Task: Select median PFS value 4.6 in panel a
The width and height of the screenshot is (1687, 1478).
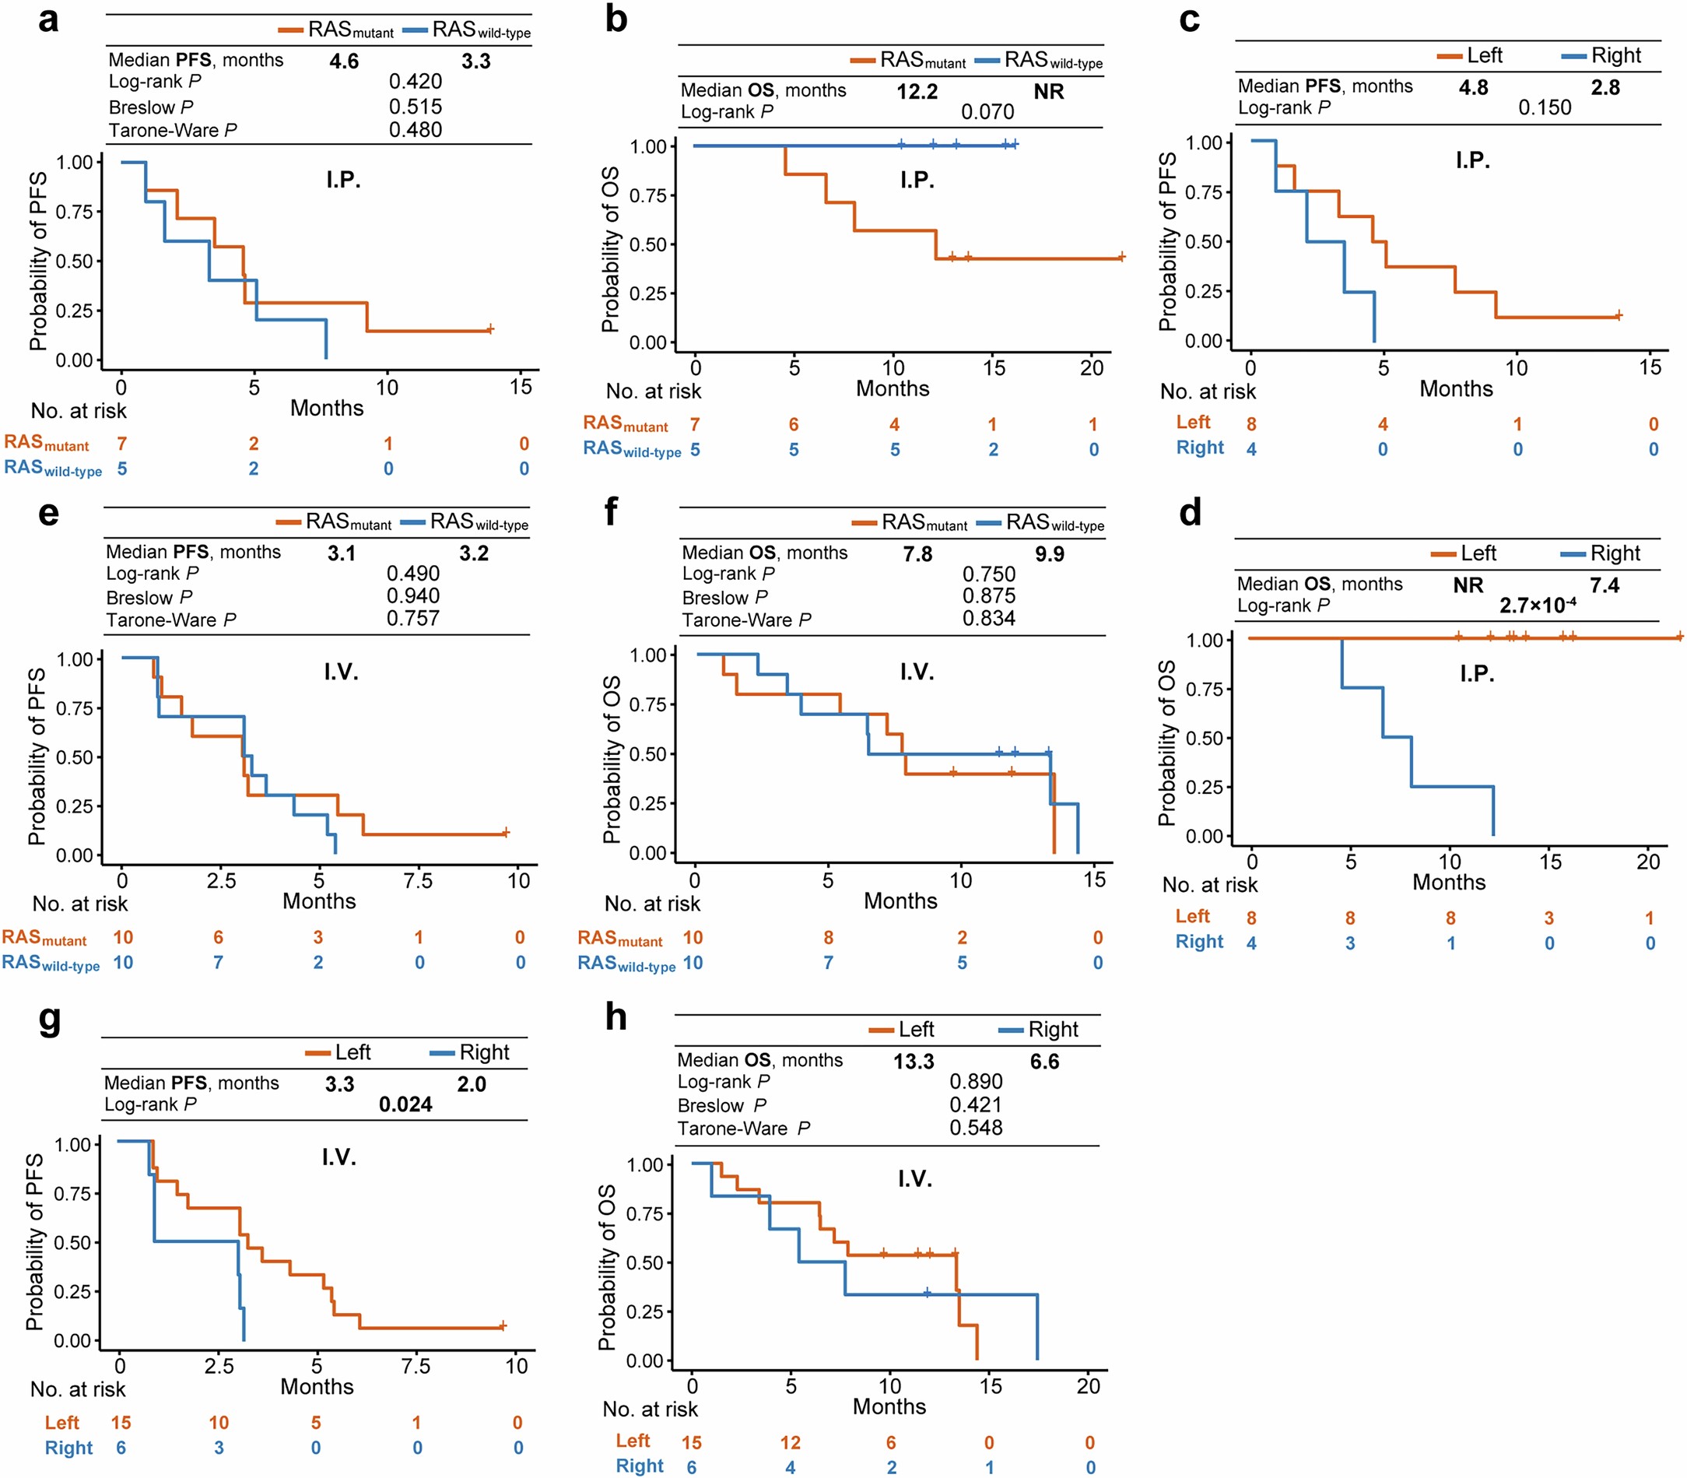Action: click(344, 61)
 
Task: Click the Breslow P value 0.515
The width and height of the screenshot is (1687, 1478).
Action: click(416, 107)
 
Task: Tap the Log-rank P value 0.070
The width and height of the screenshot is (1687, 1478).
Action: click(987, 112)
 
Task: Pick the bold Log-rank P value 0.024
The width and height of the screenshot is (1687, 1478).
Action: click(405, 1104)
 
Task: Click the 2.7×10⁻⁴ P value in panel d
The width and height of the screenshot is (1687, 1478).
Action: click(1537, 606)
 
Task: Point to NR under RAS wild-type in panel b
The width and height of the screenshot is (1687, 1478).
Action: click(1048, 92)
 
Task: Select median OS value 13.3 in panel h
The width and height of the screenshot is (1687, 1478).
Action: click(914, 1062)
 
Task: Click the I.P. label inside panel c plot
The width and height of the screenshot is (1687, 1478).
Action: click(1472, 160)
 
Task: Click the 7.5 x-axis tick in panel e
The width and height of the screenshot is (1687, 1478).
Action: click(418, 881)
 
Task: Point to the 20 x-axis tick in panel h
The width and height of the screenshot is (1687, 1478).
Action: click(1088, 1386)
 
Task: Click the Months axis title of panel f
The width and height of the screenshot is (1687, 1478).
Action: click(900, 900)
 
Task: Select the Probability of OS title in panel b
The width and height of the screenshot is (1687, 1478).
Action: click(610, 250)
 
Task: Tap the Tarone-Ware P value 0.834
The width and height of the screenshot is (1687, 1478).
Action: click(987, 619)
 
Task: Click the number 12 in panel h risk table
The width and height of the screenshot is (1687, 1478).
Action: click(790, 1442)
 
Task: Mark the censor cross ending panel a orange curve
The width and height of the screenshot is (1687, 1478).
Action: click(489, 329)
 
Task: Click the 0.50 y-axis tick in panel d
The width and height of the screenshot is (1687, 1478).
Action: click(1204, 738)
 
